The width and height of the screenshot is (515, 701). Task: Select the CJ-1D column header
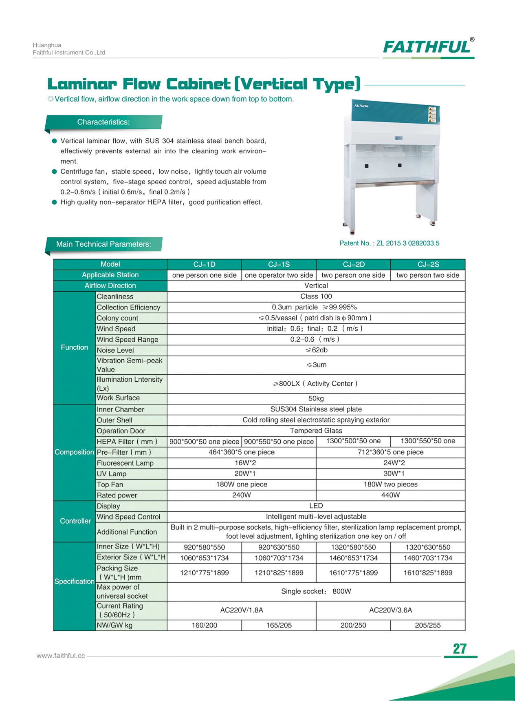point(204,264)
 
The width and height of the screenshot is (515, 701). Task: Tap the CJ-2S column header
point(428,264)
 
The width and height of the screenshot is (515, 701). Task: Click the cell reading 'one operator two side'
point(279,275)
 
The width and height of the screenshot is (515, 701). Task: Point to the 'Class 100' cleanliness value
point(316,296)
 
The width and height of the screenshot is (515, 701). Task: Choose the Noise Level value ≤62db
point(316,350)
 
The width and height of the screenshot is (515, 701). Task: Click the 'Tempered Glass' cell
point(316,431)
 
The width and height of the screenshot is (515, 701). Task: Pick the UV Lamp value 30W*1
point(390,473)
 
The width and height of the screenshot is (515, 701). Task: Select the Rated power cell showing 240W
point(242,495)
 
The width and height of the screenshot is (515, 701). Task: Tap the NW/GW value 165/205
point(279,625)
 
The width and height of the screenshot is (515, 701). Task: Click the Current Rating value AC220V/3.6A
point(390,610)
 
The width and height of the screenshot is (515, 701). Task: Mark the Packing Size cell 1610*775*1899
point(353,573)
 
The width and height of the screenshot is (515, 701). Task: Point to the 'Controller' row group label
point(75,521)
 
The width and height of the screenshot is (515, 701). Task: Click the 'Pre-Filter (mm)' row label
point(124,452)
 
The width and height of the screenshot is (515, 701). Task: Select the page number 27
point(460,649)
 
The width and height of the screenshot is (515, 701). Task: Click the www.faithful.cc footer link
point(61,656)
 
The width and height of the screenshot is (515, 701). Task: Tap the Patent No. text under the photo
point(389,243)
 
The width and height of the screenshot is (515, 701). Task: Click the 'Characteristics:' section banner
point(103,122)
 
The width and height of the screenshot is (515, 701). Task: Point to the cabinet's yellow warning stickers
point(432,115)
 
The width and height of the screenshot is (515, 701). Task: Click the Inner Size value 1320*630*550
point(428,547)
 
